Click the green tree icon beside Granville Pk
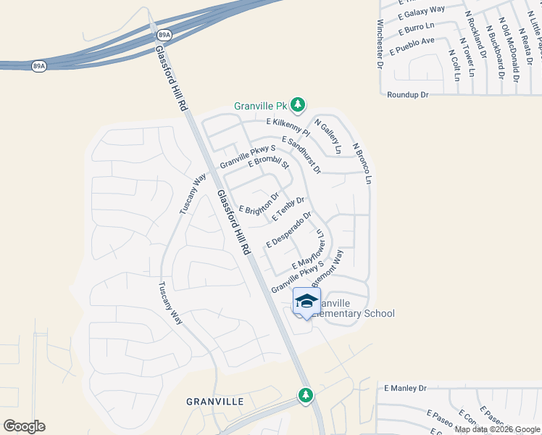click(x=298, y=105)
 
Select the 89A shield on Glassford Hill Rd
click(x=164, y=35)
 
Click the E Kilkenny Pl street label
click(x=288, y=128)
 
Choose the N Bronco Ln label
click(x=362, y=162)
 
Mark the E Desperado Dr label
click(x=288, y=228)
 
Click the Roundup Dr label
click(x=408, y=95)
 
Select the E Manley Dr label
click(x=407, y=389)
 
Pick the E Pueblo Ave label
click(x=412, y=46)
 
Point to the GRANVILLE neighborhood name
click(x=209, y=401)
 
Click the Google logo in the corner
click(x=24, y=426)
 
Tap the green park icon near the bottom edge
click(x=306, y=395)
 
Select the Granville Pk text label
click(x=260, y=106)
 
